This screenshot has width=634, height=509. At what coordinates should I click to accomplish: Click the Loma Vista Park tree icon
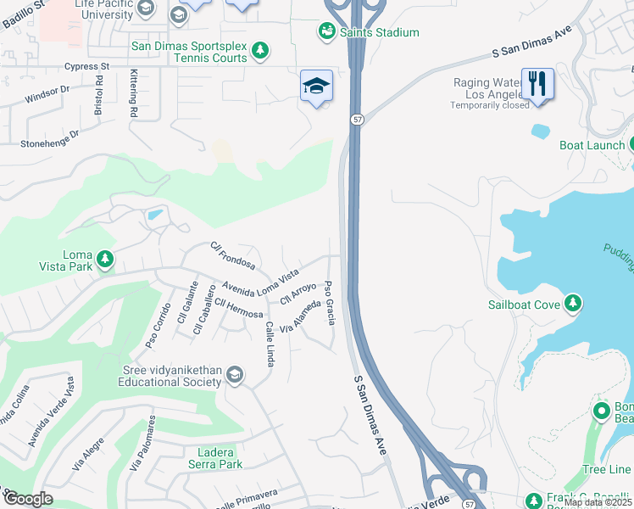(x=104, y=259)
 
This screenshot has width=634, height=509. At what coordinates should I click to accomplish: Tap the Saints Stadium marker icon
(x=326, y=31)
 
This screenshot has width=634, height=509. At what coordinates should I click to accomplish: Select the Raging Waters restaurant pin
(x=537, y=84)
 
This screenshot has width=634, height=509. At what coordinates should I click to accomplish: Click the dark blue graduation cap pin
(x=316, y=86)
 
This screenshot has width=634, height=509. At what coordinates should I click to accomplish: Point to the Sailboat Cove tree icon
(x=573, y=303)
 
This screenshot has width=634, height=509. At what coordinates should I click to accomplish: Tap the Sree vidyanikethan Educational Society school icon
(x=236, y=375)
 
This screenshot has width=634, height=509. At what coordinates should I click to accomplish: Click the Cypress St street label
(x=89, y=65)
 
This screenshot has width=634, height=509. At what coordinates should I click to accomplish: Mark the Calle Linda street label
(x=269, y=344)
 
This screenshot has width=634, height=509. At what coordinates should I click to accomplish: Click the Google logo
(x=28, y=499)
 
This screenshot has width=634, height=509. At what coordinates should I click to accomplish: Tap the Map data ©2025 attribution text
(x=597, y=502)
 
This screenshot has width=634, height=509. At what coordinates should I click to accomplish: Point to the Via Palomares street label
(x=142, y=444)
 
